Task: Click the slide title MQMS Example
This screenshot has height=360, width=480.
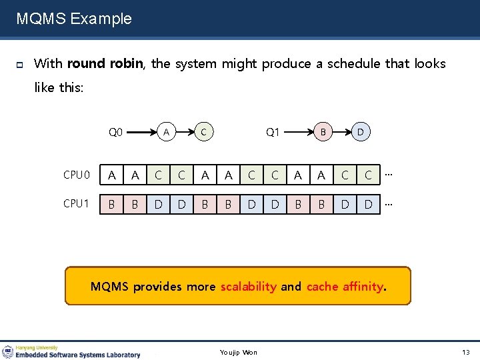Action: click(x=74, y=19)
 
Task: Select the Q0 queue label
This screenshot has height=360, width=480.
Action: click(x=116, y=132)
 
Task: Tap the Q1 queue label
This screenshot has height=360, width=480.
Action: click(x=273, y=132)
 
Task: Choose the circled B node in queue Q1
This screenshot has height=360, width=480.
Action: click(x=323, y=132)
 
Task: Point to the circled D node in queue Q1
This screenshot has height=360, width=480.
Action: click(x=361, y=132)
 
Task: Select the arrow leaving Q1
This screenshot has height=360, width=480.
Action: click(x=297, y=132)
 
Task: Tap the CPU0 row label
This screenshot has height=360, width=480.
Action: click(x=77, y=175)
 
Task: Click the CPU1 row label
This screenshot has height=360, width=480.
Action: click(x=77, y=203)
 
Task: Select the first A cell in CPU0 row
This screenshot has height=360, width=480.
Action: click(x=111, y=175)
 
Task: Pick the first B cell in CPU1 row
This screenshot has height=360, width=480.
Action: click(x=111, y=203)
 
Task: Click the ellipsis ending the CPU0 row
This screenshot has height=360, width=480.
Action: click(x=388, y=174)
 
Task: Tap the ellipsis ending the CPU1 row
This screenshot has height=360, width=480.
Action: click(x=388, y=202)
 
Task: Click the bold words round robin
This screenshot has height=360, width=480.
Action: click(x=105, y=64)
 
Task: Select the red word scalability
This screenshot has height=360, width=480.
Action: click(x=248, y=287)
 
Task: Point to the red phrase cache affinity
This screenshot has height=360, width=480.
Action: click(x=344, y=287)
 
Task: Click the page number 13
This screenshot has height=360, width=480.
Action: click(x=465, y=352)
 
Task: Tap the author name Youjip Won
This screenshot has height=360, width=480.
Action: click(x=239, y=352)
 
